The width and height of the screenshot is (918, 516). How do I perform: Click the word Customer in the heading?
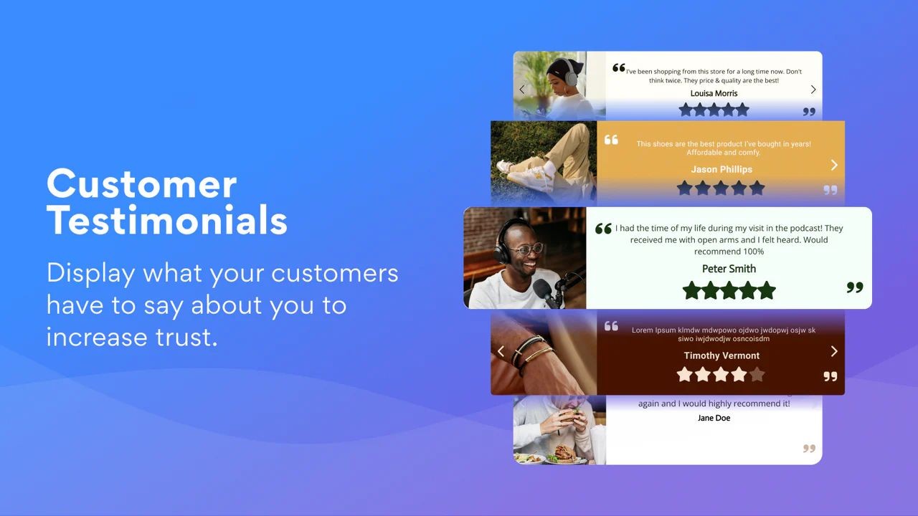(141, 184)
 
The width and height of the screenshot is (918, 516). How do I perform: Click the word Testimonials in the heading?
(167, 220)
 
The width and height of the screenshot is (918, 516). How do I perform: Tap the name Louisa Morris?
(714, 93)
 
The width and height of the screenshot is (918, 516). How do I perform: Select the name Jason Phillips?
(721, 169)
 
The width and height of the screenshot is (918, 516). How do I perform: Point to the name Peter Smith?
(729, 269)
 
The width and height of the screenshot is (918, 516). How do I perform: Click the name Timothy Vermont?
(721, 355)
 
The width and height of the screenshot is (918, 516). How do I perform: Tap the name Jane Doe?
(714, 418)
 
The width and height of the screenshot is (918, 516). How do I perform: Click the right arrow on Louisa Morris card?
(813, 90)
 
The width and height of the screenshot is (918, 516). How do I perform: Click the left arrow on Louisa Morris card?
(522, 90)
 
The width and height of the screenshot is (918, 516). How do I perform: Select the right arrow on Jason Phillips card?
(834, 165)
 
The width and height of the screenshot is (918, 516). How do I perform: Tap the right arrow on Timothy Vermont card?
(834, 351)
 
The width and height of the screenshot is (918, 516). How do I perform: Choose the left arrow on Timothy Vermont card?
(501, 351)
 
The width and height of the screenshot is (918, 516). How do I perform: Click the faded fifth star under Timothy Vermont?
(757, 375)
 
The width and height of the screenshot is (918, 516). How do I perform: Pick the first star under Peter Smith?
(691, 290)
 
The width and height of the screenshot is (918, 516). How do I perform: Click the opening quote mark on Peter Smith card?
(603, 229)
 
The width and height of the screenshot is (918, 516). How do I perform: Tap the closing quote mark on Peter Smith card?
(854, 287)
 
